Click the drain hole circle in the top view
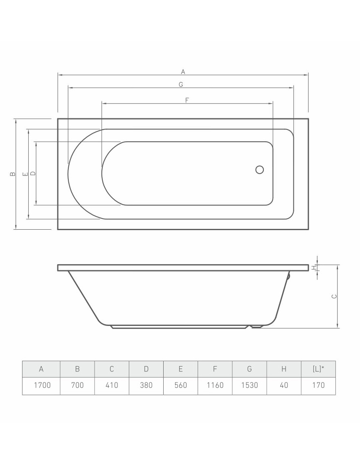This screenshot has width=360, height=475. [x=259, y=170]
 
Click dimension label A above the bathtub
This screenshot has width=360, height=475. [x=183, y=72]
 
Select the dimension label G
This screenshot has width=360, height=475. [x=180, y=84]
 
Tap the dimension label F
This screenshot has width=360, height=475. [x=187, y=100]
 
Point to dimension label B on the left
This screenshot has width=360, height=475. [x=13, y=174]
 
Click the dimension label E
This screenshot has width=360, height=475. [x=25, y=174]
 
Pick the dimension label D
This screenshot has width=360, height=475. [x=33, y=174]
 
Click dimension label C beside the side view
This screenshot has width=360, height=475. [x=334, y=296]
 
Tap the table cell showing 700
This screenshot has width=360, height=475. [x=77, y=385]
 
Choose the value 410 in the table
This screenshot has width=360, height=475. [x=112, y=385]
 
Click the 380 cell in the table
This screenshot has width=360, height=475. [x=146, y=385]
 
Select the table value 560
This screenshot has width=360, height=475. [x=180, y=385]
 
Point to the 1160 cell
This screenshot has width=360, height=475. [x=215, y=385]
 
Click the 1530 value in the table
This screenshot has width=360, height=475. [x=249, y=385]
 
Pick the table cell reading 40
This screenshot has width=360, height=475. [x=284, y=385]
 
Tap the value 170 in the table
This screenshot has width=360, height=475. [x=318, y=385]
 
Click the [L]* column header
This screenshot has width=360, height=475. [x=318, y=369]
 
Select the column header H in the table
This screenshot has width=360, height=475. [x=284, y=369]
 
